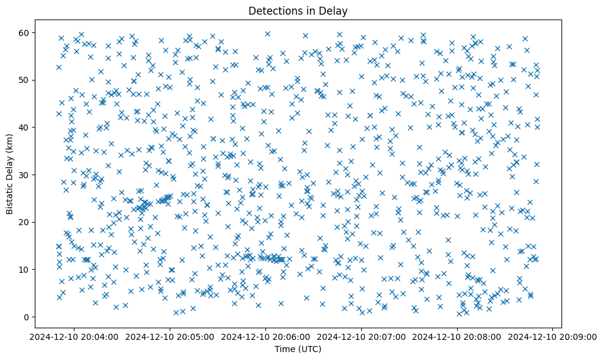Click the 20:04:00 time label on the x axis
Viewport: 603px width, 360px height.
(x=74, y=336)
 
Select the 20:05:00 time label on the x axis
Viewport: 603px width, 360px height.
(x=170, y=336)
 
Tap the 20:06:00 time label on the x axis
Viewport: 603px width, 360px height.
(x=265, y=336)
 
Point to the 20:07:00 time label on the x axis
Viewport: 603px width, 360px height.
(x=361, y=336)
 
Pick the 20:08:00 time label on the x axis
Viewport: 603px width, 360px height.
(x=457, y=336)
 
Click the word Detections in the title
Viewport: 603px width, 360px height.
(x=276, y=10)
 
